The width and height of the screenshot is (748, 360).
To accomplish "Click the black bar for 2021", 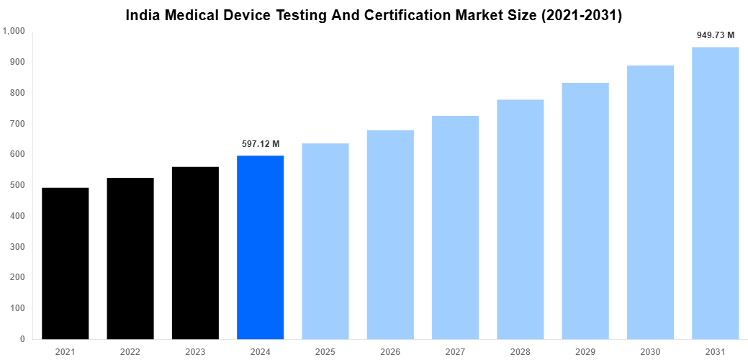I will click(x=65, y=263).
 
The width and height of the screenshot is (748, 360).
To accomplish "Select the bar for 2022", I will click(x=130, y=258).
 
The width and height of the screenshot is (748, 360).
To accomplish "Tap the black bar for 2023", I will click(x=195, y=252).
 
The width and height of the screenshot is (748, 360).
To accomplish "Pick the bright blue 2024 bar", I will click(x=260, y=247).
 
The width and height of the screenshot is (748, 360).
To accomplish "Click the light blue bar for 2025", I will click(x=325, y=240).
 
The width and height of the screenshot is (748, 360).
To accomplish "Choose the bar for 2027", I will click(x=455, y=227).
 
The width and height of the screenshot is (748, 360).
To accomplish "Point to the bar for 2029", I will click(x=585, y=210).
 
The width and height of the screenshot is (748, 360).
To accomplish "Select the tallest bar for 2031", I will click(x=715, y=193).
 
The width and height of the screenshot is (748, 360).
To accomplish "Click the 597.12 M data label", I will click(x=261, y=144).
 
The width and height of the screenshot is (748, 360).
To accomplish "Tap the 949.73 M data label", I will click(x=715, y=35).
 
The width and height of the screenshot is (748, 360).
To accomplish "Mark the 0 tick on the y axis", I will click(x=22, y=339).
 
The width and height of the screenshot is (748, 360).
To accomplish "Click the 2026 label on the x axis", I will click(x=390, y=351).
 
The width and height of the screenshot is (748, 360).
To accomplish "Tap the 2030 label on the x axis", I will click(x=650, y=351).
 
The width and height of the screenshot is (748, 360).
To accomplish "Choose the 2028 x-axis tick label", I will click(x=520, y=351).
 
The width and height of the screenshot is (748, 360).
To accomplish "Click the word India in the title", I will click(x=143, y=15).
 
